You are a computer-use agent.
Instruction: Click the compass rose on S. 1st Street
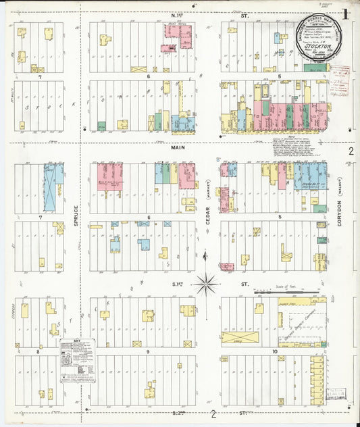click(x=207, y=284)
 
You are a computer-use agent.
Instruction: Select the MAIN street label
click(x=178, y=147)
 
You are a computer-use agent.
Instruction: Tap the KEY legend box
click(x=76, y=357)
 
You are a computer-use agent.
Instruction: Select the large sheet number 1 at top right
click(x=345, y=14)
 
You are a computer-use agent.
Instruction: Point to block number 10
click(x=275, y=352)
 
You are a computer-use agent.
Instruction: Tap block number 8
click(x=38, y=352)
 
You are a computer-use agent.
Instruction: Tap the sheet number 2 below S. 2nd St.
click(x=214, y=414)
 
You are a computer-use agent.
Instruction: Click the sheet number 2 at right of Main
click(x=351, y=152)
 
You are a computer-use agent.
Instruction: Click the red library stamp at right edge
click(x=344, y=72)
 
